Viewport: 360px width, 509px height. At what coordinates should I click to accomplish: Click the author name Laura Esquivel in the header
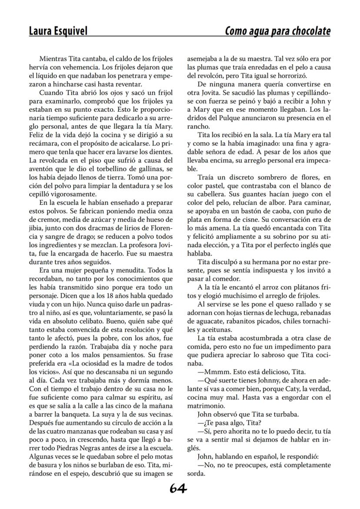coord(58,31)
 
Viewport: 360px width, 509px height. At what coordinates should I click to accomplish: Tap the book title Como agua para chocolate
coord(277,31)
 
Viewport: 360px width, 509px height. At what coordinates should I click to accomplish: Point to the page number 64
coord(178,489)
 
